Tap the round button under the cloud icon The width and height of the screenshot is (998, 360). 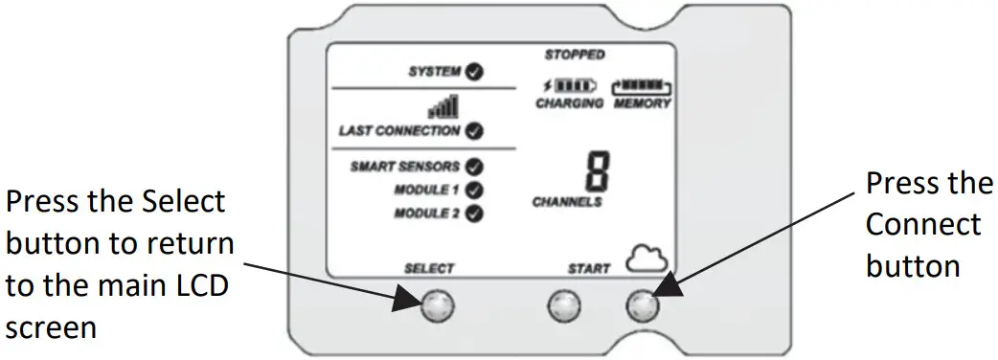pyautogui.click(x=643, y=305)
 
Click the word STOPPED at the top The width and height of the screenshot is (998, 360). pyautogui.click(x=576, y=55)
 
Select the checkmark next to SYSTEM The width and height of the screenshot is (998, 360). pyautogui.click(x=473, y=71)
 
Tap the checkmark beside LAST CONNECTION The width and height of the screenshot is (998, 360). pyautogui.click(x=473, y=130)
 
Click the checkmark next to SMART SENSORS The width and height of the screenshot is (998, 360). pyautogui.click(x=473, y=168)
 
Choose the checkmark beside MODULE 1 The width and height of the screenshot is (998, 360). pyautogui.click(x=473, y=189)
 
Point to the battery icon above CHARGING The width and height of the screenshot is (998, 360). pyautogui.click(x=564, y=84)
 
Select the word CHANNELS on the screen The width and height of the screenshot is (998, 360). pyautogui.click(x=567, y=203)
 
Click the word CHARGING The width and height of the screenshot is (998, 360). pyautogui.click(x=569, y=102)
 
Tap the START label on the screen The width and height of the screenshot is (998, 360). pyautogui.click(x=588, y=269)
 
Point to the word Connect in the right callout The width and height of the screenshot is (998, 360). pyautogui.click(x=923, y=225)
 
